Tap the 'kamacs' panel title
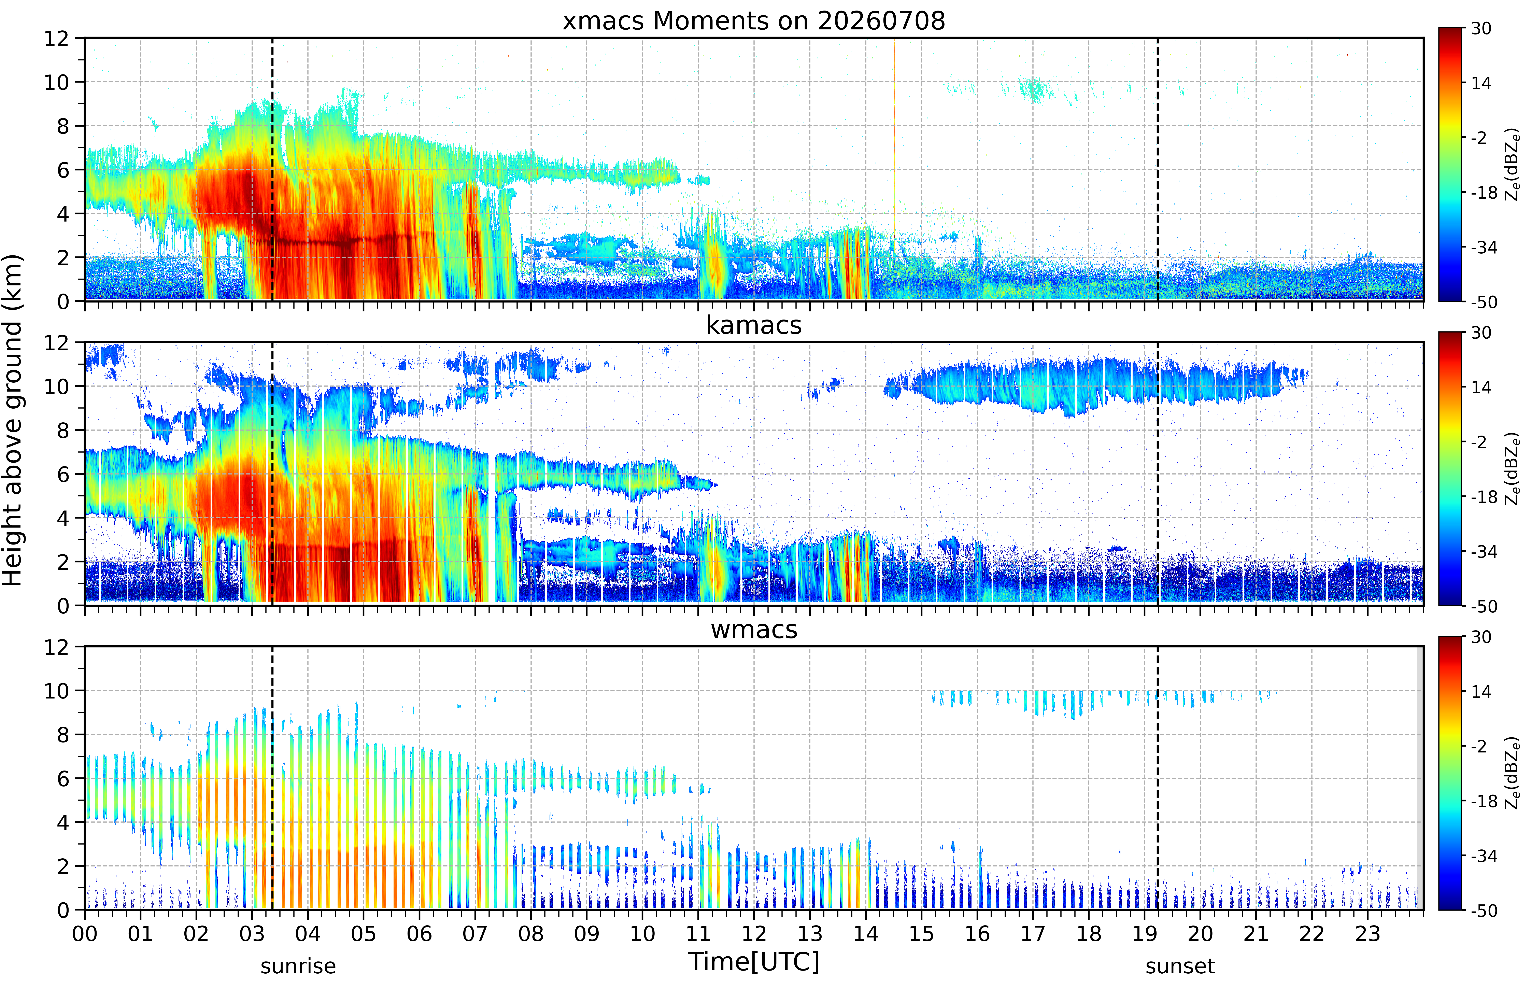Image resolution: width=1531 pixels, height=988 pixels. point(754,325)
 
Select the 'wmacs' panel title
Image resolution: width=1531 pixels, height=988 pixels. point(754,629)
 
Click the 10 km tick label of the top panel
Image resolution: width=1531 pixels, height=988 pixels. point(56,82)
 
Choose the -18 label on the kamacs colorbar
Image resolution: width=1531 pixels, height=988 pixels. point(1484,497)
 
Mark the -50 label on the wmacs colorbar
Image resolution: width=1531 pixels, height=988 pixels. point(1484,910)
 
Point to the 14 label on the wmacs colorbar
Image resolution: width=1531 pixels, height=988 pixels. point(1481,692)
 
